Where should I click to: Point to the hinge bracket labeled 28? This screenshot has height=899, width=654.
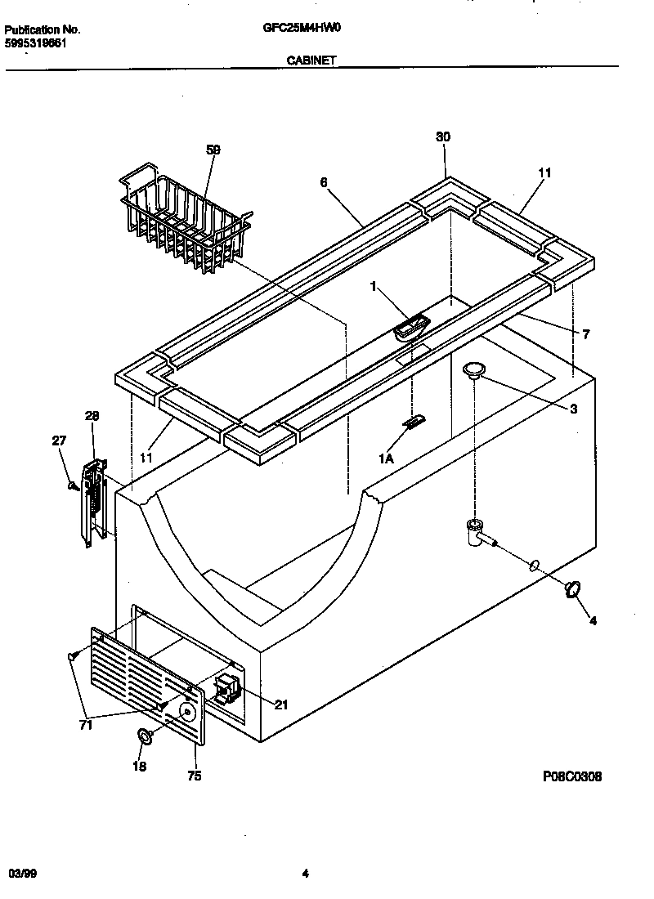pyautogui.click(x=94, y=500)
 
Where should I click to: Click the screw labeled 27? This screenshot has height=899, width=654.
pyautogui.click(x=74, y=486)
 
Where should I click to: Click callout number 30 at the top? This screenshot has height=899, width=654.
pyautogui.click(x=442, y=137)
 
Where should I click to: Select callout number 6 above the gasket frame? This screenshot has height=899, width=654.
pyautogui.click(x=324, y=182)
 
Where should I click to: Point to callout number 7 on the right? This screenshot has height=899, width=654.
pyautogui.click(x=586, y=334)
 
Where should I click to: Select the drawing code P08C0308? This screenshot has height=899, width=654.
pyautogui.click(x=571, y=777)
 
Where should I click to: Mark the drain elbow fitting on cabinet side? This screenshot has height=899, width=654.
pyautogui.click(x=474, y=531)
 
